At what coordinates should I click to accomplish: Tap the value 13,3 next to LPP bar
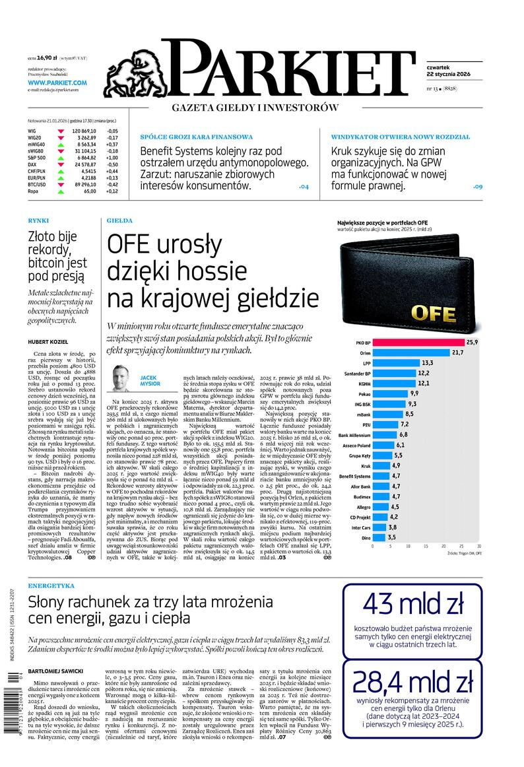tap(427, 363)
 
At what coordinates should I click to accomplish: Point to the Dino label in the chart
tap(364, 538)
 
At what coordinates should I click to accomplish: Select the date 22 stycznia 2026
tap(448, 74)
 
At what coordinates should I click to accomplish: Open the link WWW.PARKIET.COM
tap(57, 83)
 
